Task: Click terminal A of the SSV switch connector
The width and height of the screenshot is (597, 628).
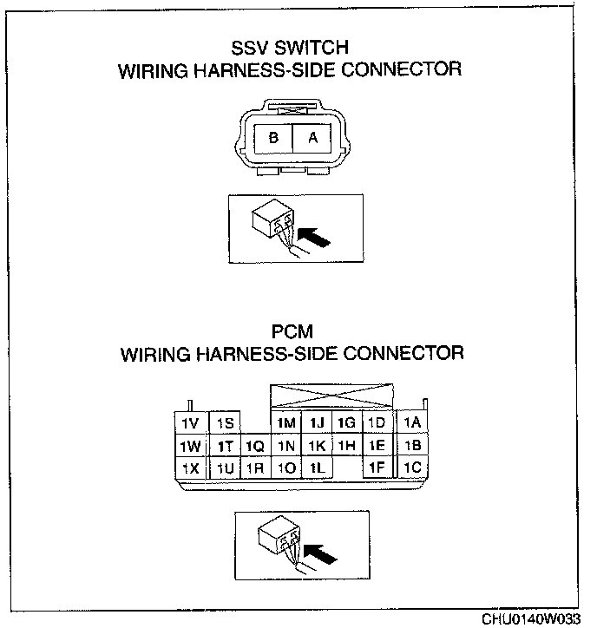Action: [x=313, y=138]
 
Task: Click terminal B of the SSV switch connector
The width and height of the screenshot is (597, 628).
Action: [x=273, y=138]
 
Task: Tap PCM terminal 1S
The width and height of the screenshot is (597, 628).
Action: [x=226, y=422]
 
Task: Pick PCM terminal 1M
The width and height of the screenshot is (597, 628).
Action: [x=286, y=422]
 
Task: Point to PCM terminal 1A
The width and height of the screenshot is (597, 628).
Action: [x=412, y=422]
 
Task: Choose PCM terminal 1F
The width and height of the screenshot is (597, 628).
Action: [x=376, y=468]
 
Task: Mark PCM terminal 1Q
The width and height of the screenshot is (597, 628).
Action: [x=255, y=446]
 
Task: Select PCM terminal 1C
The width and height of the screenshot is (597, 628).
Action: [x=412, y=468]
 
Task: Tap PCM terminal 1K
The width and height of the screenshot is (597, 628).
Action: [x=317, y=446]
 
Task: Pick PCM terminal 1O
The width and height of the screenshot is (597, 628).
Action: [x=286, y=468]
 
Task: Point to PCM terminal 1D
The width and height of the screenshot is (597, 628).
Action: [x=376, y=422]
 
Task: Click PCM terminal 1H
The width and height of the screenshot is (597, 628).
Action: [x=346, y=446]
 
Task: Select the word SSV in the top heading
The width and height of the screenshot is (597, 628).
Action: [x=251, y=49]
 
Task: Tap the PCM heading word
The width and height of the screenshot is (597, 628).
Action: [x=291, y=331]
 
